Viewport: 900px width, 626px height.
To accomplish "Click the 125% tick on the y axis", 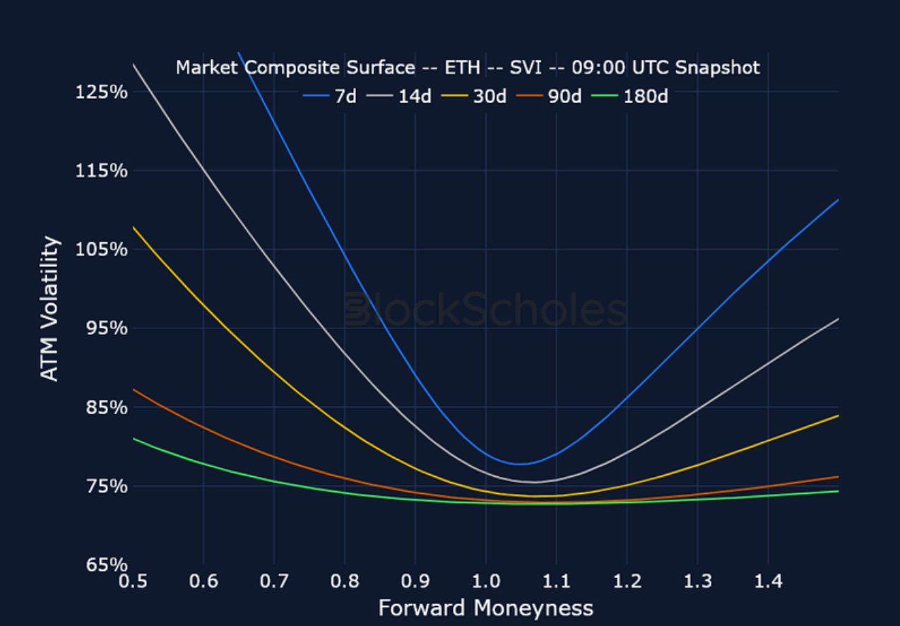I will (101, 92).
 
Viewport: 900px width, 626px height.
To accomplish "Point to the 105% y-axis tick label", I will (101, 249).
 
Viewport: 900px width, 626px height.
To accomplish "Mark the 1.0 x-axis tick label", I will (485, 582).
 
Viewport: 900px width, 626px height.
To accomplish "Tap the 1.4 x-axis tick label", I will (768, 582).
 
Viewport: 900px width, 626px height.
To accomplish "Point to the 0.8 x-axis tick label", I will (344, 582).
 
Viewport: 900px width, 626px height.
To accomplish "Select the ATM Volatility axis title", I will (49, 309).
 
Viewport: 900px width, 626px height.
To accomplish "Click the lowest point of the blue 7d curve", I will (521, 464).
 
